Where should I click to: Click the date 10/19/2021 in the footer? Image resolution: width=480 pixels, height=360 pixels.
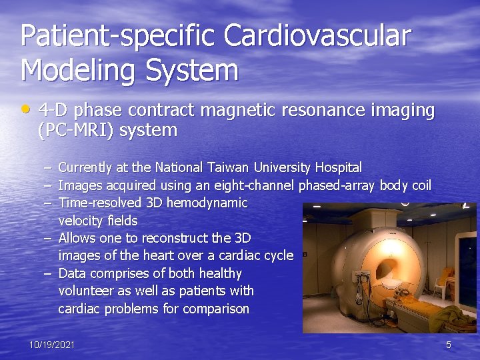[x=52, y=345]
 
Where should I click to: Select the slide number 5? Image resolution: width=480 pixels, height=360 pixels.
[x=449, y=345]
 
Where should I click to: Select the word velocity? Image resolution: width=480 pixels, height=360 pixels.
[x=79, y=221]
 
